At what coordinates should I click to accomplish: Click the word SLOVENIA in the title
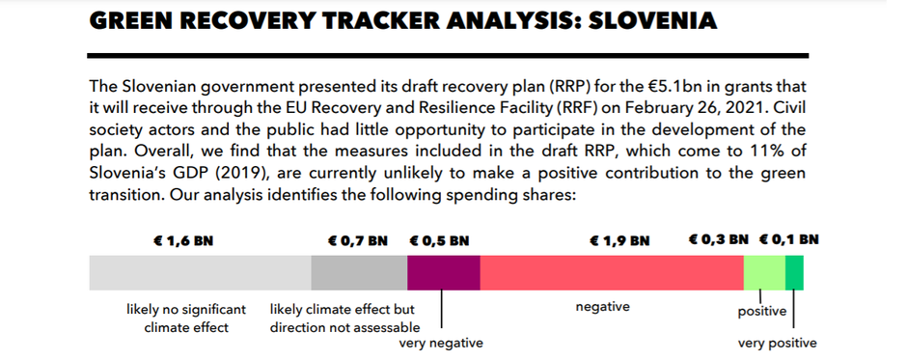[x=653, y=21]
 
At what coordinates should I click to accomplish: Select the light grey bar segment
[x=200, y=272]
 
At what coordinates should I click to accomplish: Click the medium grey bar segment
[x=359, y=272]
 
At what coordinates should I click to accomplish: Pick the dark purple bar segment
[x=444, y=272]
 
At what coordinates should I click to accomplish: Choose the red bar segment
[x=612, y=272]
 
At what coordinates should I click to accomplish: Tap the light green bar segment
[x=764, y=272]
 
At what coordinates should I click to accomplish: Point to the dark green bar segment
[x=794, y=272]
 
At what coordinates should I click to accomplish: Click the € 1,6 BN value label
[x=183, y=240]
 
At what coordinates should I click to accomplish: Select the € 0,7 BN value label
[x=357, y=240]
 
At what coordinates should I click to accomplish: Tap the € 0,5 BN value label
[x=439, y=240]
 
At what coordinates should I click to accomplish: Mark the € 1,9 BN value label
[x=619, y=240]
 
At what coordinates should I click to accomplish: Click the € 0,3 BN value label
[x=719, y=239]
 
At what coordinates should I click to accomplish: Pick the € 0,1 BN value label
[x=789, y=239]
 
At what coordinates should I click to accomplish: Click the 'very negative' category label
[x=441, y=344]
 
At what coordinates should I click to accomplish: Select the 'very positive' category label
[x=778, y=344]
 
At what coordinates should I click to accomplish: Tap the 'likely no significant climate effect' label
[x=186, y=318]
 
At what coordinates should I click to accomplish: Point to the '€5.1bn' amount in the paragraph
[x=673, y=87]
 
